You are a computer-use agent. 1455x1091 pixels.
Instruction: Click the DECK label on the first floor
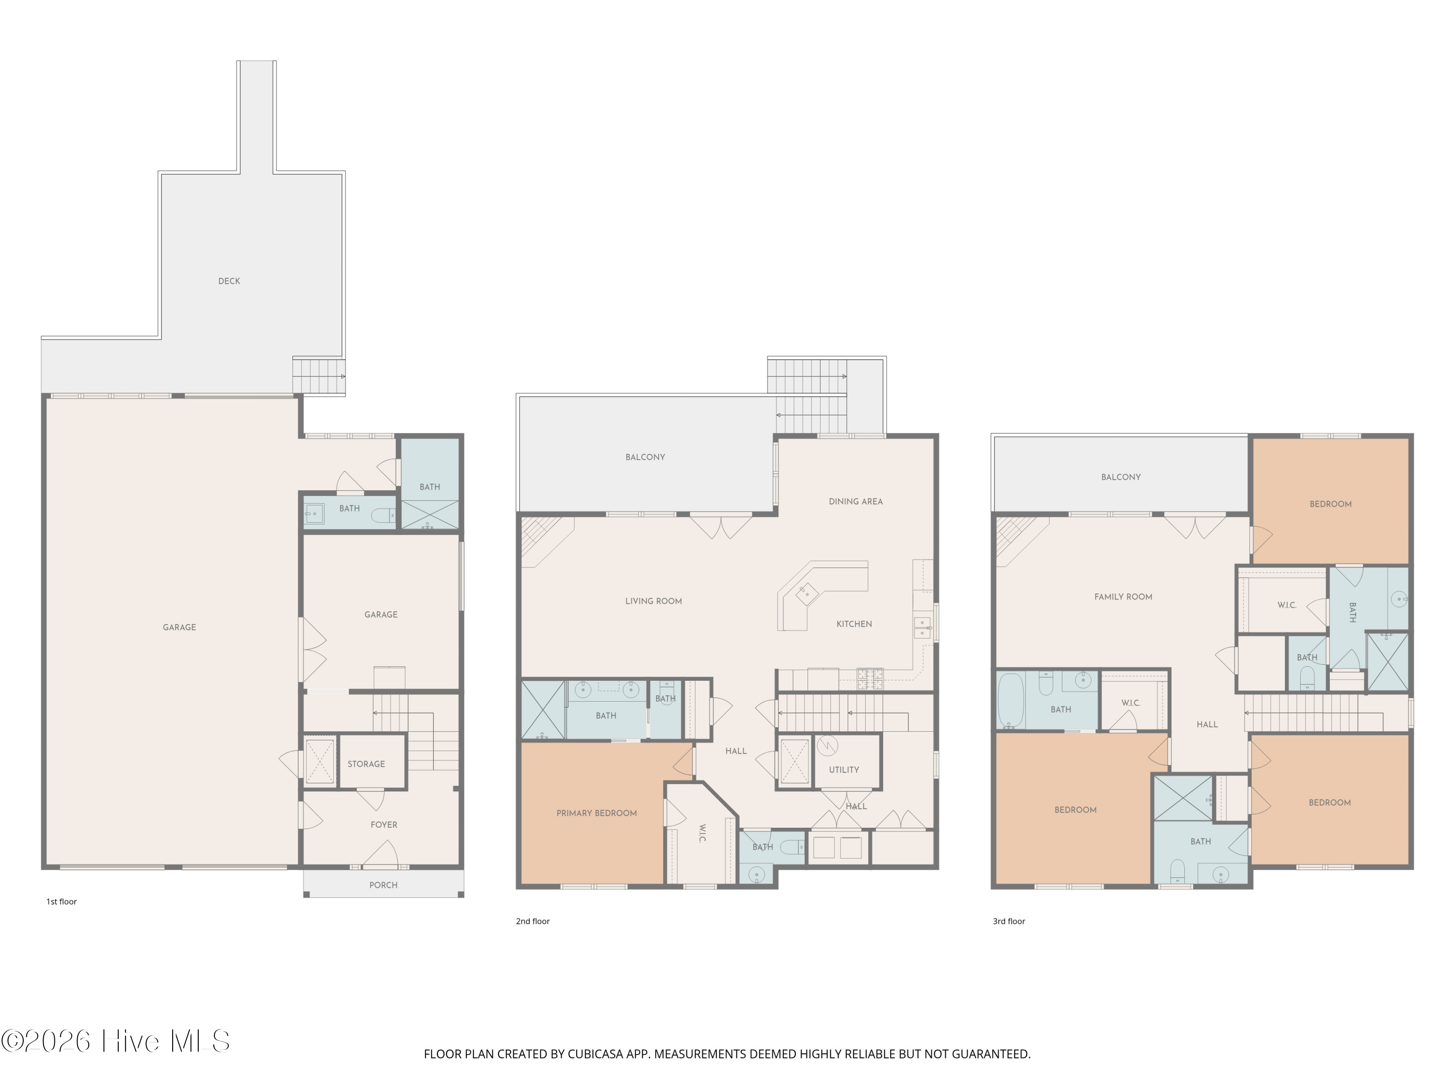click(229, 281)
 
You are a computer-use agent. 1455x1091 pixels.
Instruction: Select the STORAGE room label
click(366, 764)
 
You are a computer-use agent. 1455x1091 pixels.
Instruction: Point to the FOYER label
click(384, 825)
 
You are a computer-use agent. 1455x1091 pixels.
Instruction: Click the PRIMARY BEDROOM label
click(597, 814)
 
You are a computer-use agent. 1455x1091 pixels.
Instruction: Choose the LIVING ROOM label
click(653, 601)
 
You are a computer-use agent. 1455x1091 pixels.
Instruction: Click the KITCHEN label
click(854, 624)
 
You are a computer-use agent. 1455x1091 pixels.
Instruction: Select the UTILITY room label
click(844, 770)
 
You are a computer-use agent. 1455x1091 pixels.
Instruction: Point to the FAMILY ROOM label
click(1123, 597)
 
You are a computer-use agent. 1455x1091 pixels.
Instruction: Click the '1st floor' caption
click(61, 901)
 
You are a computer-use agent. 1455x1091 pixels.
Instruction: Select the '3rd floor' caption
click(1009, 921)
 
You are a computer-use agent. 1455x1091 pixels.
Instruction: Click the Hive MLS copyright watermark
click(116, 1041)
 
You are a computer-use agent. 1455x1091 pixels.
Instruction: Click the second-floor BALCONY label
click(645, 457)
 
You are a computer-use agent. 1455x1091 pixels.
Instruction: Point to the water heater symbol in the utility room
click(827, 746)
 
